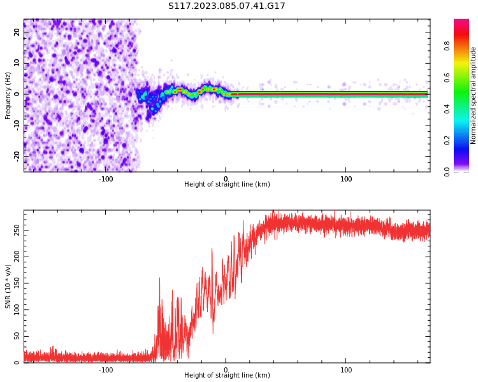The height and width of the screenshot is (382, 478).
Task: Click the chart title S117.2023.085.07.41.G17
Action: (x=227, y=6)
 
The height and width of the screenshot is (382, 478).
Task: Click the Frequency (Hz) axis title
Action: (x=8, y=95)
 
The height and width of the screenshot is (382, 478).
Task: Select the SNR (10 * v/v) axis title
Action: (x=8, y=286)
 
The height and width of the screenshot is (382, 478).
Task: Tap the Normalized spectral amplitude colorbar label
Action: (x=474, y=95)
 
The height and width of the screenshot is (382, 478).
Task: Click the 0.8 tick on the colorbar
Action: (x=447, y=46)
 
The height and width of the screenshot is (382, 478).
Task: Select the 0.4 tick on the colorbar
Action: (x=447, y=109)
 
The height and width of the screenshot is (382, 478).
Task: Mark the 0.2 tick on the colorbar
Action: (x=447, y=140)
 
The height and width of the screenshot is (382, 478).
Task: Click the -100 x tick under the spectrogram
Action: (x=106, y=179)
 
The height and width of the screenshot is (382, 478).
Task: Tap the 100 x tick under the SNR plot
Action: (x=346, y=370)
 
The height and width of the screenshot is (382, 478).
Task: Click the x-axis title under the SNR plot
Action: (x=227, y=376)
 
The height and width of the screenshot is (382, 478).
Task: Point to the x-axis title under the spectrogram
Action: (x=227, y=185)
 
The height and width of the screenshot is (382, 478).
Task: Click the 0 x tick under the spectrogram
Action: (x=226, y=179)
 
